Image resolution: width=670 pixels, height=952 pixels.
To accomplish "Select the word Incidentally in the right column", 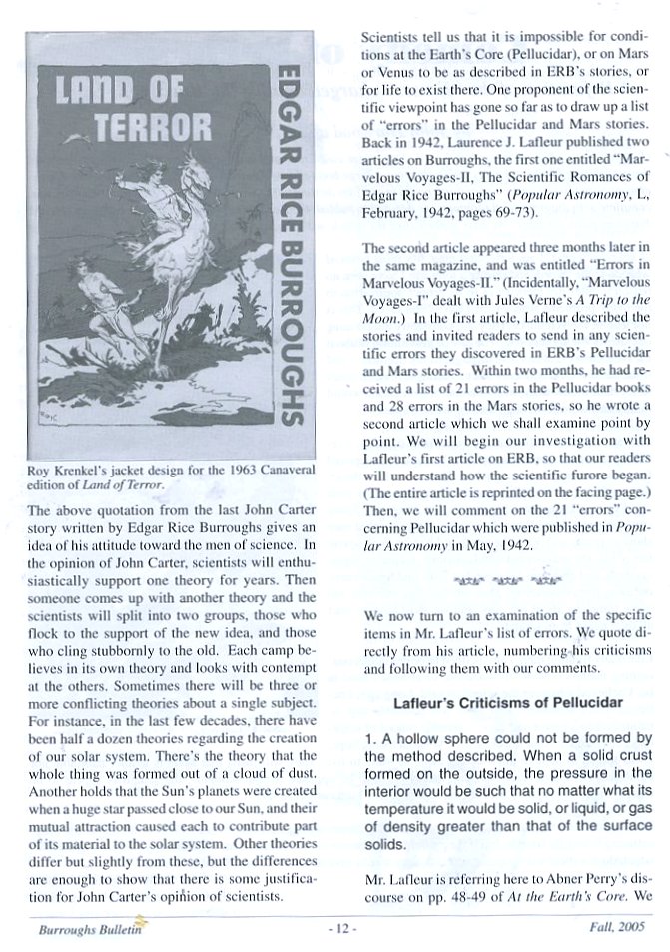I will tap(551, 283).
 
